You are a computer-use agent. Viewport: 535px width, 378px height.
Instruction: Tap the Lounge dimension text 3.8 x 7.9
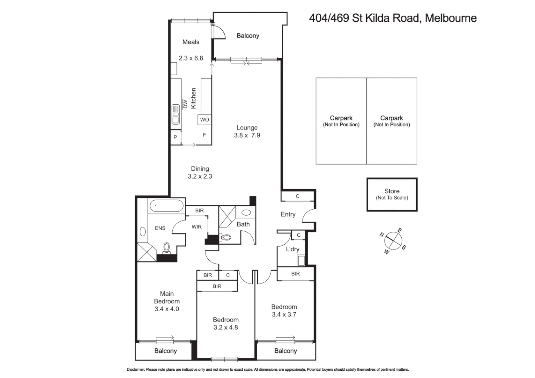[247, 135]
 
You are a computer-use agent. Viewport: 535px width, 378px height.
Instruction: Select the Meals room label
[191, 42]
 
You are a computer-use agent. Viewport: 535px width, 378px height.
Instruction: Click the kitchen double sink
[175, 114]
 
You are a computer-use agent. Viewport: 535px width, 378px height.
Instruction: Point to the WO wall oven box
[204, 120]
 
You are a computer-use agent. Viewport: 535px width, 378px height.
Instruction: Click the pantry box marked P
[175, 137]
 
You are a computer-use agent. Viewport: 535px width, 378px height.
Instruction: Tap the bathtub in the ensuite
[166, 206]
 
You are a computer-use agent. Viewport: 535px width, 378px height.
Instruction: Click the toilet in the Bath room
[227, 237]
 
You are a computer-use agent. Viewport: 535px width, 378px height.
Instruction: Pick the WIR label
[196, 227]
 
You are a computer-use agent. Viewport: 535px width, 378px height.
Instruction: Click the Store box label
[392, 191]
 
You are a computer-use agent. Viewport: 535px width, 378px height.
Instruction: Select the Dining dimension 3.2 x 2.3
[200, 176]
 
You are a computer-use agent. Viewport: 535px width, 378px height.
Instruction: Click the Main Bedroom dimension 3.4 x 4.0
[167, 309]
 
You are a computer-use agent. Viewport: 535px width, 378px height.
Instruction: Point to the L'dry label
[292, 249]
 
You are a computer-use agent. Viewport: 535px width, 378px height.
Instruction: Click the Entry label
[288, 214]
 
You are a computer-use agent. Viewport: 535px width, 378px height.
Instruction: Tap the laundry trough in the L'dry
[301, 260]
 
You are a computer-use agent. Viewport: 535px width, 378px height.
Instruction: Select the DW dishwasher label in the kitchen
[185, 104]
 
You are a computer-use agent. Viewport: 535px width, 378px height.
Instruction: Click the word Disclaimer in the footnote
[135, 370]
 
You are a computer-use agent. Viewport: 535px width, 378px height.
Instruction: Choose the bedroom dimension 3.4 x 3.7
[284, 315]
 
